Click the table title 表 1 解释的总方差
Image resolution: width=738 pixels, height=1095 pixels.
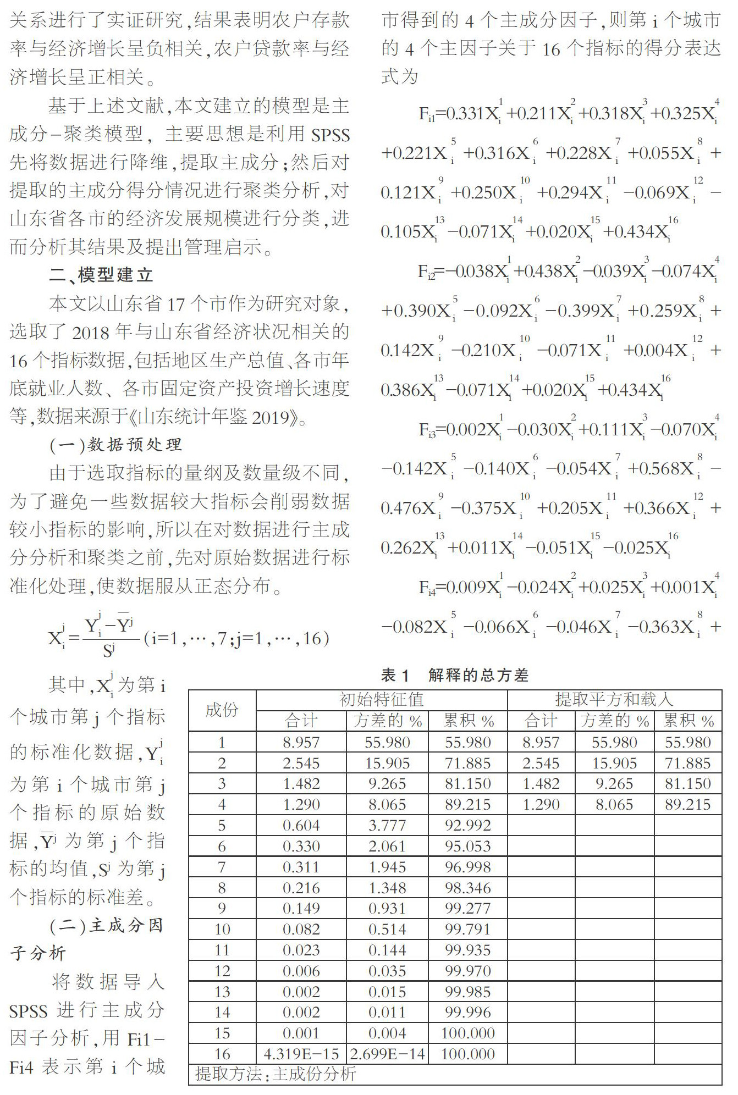coord(454,675)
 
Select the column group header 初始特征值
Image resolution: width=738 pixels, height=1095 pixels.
coord(382,699)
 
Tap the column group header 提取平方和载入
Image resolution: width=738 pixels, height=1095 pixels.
coord(614,699)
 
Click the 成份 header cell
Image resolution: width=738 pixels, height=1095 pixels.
coord(222,710)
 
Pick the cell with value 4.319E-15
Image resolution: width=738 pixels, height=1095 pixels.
coord(301,1054)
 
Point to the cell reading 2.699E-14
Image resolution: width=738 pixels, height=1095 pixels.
coord(387,1054)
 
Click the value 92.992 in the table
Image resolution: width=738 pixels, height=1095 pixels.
coord(467,825)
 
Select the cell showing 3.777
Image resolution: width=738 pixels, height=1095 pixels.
coord(387,825)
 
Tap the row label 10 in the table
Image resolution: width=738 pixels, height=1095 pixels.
coord(222,930)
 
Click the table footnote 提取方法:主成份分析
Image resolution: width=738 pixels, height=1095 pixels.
coord(276,1074)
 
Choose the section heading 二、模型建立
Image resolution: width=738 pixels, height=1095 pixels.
coord(101,275)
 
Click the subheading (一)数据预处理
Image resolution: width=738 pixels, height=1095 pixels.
coord(115,444)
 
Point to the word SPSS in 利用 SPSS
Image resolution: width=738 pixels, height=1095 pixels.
coord(330,134)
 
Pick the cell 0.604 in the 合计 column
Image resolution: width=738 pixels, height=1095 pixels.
coord(301,825)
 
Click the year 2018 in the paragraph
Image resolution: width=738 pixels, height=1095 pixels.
coord(91,332)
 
